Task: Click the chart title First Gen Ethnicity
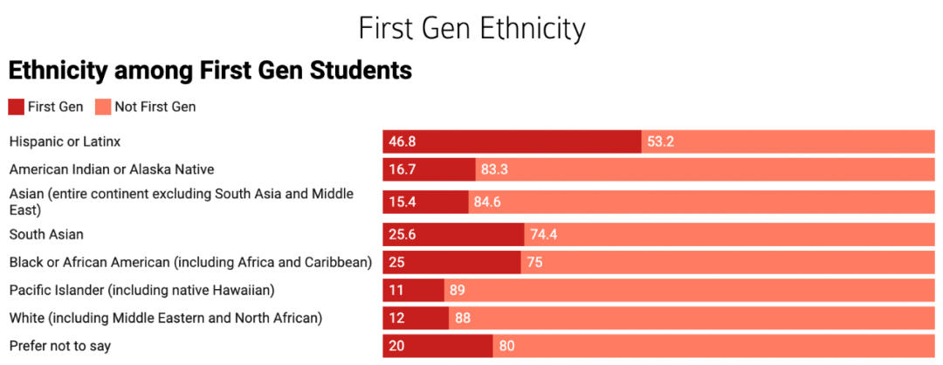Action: click(x=471, y=28)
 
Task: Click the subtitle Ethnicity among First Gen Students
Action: click(x=210, y=71)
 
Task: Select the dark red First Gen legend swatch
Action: click(x=16, y=107)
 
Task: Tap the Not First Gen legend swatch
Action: click(x=102, y=107)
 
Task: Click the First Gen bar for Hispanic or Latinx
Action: click(x=512, y=141)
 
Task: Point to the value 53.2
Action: click(x=661, y=141)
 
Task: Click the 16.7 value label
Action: click(x=402, y=169)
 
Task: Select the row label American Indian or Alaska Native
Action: click(x=111, y=169)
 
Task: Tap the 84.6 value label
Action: click(x=487, y=202)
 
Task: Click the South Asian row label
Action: click(x=46, y=234)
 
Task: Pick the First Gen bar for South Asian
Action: click(x=453, y=234)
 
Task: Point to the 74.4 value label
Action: click(x=544, y=234)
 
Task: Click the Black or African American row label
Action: click(x=190, y=262)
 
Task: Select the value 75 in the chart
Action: click(x=534, y=262)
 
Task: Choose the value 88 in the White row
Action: click(x=463, y=318)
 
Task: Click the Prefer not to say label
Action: click(x=59, y=346)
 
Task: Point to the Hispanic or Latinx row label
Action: click(x=65, y=141)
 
